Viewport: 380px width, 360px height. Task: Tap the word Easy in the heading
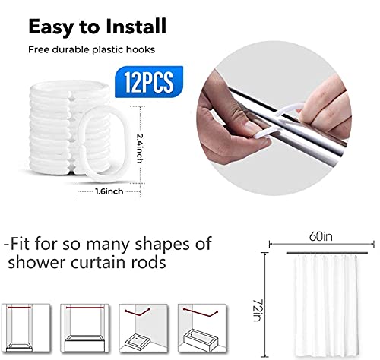pyautogui.click(x=54, y=27)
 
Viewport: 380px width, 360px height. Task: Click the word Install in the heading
pyautogui.click(x=135, y=27)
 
